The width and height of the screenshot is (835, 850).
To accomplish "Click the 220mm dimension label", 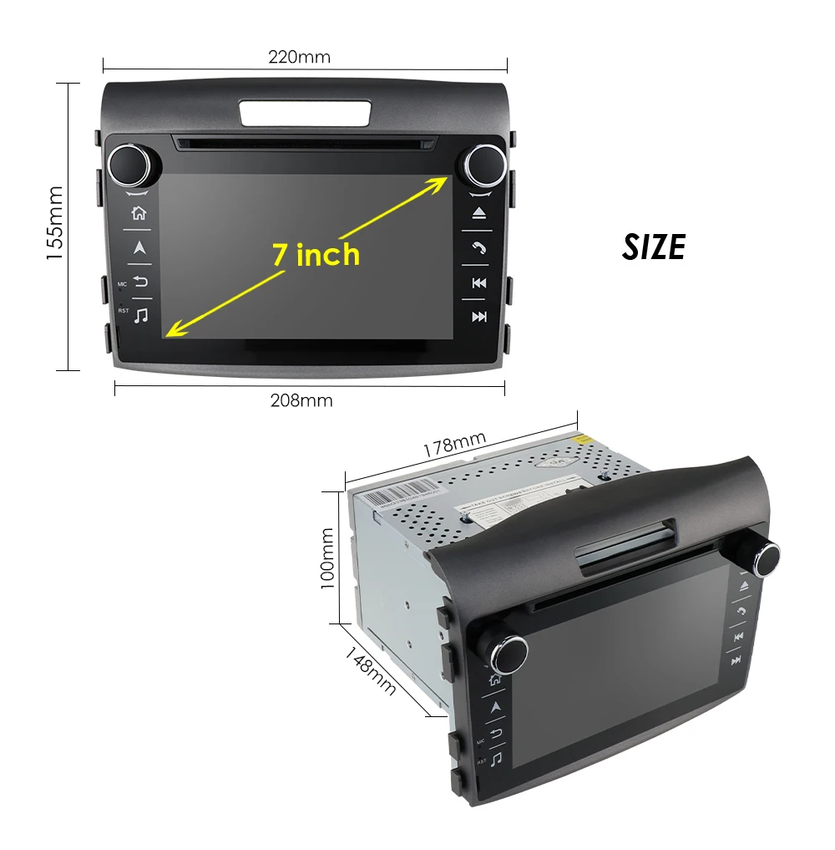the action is coord(299,58).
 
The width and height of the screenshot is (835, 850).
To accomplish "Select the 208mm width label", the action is coord(301,400).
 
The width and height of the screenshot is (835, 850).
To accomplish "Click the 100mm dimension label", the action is coord(328,558).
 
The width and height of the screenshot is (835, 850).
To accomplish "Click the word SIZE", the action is coord(654,247).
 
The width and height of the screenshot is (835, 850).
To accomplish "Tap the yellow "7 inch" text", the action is coord(316,254).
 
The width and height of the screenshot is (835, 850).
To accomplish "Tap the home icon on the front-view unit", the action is coord(139,213).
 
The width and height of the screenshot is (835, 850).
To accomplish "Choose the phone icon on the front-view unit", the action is coord(479,248).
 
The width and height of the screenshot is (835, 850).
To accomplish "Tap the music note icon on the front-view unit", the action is coord(141,315).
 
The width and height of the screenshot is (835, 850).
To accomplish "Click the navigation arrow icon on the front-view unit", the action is coord(139,247).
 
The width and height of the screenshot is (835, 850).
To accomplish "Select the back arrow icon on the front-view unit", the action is coord(140,281).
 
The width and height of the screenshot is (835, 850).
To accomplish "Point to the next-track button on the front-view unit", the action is coord(479,317).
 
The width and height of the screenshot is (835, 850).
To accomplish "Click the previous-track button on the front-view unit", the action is coord(479,282).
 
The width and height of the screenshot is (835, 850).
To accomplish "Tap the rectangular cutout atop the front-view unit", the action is coord(305,113).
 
